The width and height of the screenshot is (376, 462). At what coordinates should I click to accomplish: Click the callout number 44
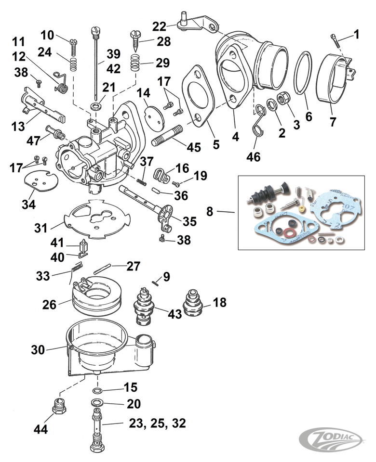click(40, 429)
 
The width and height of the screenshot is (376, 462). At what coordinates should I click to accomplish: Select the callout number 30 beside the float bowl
click(38, 350)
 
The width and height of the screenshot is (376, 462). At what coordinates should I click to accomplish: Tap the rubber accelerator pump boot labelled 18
click(196, 304)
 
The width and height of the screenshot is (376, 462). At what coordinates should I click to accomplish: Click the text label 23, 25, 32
click(157, 423)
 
